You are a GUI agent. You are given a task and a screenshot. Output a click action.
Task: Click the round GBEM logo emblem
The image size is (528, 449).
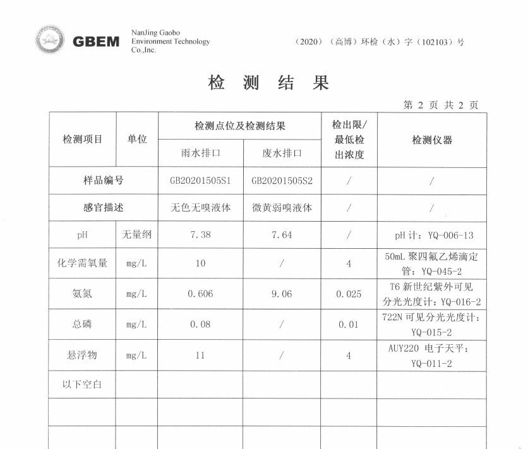pos(49,40)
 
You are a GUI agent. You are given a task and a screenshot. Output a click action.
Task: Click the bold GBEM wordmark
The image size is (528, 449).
pos(96,42)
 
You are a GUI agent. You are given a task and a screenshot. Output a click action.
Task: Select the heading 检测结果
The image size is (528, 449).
pos(268,83)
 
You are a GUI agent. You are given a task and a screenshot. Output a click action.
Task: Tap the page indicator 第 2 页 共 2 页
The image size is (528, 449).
pos(440,105)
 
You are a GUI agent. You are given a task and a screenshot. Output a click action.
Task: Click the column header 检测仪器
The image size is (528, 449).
pos(432,140)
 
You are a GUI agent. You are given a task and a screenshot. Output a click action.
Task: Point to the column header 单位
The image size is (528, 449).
pos(137,140)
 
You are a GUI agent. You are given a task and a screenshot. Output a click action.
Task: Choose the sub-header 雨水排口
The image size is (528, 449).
pos(200,153)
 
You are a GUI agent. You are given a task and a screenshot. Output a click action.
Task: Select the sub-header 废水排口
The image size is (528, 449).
pos(282,153)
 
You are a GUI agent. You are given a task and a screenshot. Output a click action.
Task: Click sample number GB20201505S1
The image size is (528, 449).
pos(200,181)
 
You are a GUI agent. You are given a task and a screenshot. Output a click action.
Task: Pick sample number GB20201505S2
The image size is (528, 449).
pos(282,181)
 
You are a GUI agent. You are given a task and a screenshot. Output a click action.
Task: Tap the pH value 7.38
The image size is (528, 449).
pos(200,235)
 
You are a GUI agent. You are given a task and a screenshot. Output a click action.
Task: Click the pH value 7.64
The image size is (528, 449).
pos(282,235)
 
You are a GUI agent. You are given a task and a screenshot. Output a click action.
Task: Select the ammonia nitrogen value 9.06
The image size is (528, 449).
pos(282,294)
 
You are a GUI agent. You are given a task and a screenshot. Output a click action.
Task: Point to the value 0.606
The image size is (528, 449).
pos(200,294)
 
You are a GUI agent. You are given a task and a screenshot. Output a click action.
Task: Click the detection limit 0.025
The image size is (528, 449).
pos(349,294)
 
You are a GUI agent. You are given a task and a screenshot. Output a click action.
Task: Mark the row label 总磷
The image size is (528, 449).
pos(82,325)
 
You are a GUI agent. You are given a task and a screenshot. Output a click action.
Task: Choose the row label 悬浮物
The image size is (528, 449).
pos(82,356)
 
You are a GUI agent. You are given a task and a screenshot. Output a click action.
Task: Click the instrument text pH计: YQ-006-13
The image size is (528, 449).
pos(433,236)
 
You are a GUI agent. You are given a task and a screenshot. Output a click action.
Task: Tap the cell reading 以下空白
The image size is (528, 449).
pos(82,384)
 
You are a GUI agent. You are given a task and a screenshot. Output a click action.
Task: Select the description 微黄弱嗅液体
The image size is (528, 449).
pos(282,208)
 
